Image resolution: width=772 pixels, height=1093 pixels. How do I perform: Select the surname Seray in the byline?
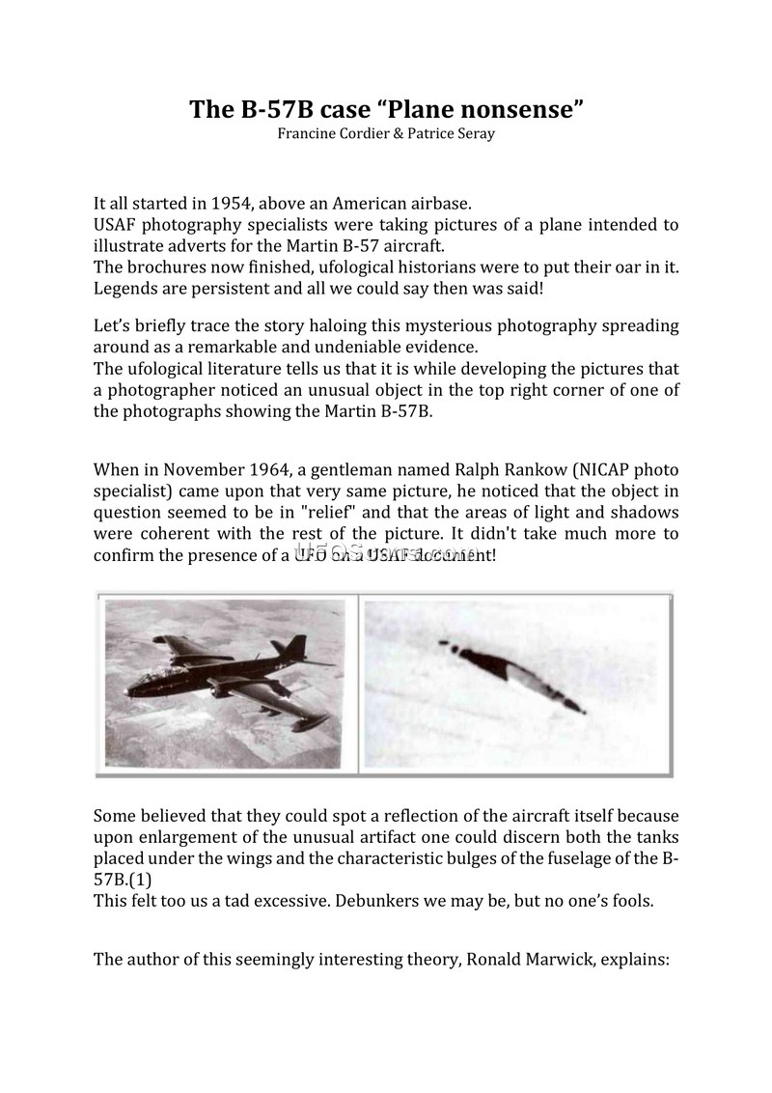point(473,133)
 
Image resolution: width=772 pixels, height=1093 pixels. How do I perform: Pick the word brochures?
point(169,266)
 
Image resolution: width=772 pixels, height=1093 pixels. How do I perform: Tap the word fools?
point(632,902)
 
